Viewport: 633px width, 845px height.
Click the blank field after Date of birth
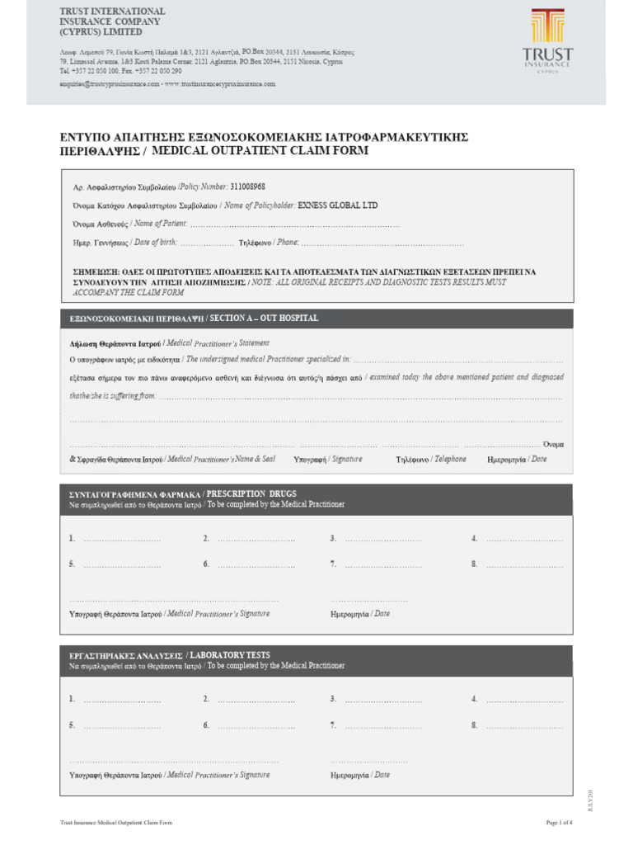tap(207, 244)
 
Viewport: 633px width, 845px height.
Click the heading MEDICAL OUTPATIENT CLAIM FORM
tap(260, 152)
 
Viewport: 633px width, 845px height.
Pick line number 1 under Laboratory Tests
tap(115, 700)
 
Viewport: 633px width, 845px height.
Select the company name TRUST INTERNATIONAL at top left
tap(112, 12)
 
